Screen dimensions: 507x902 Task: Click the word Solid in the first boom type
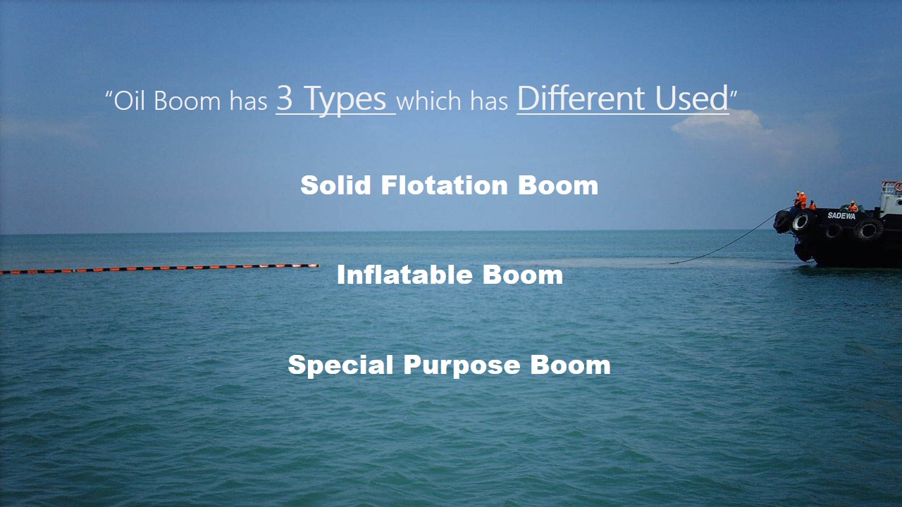pos(336,185)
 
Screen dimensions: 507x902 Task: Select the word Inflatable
pos(404,275)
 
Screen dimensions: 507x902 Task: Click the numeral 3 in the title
pos(284,99)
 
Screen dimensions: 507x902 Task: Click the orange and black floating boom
pos(159,268)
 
